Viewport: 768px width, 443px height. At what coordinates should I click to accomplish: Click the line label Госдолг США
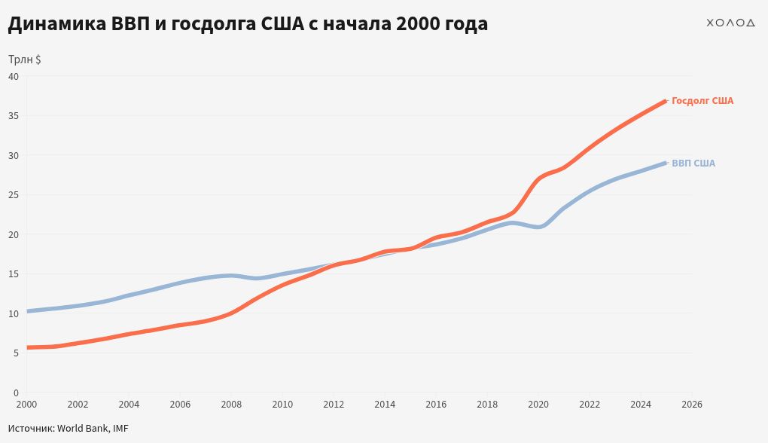pos(702,101)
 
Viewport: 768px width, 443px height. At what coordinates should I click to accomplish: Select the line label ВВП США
pos(693,163)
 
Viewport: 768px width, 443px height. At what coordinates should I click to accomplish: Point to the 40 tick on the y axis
pos(13,76)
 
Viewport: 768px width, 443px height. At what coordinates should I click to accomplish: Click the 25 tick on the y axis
pos(13,194)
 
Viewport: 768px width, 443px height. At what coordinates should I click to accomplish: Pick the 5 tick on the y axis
pos(16,353)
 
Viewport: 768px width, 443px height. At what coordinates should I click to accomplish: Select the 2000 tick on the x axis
pos(26,405)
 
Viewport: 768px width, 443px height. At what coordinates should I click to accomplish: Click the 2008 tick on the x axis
pos(231,405)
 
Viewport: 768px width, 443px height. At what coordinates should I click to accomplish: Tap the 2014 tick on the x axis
pos(385,405)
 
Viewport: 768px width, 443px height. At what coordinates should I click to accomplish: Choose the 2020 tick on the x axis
pos(538,405)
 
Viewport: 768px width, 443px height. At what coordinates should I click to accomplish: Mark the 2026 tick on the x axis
pos(692,405)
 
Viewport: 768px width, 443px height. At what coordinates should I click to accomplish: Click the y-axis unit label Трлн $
pos(25,60)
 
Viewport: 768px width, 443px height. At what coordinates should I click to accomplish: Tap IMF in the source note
pos(120,428)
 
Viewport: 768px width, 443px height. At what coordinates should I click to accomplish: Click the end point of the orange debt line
pos(666,100)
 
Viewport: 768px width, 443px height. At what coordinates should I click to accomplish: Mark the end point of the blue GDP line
pos(666,163)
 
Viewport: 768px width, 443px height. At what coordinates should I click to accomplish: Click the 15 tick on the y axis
pos(13,273)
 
